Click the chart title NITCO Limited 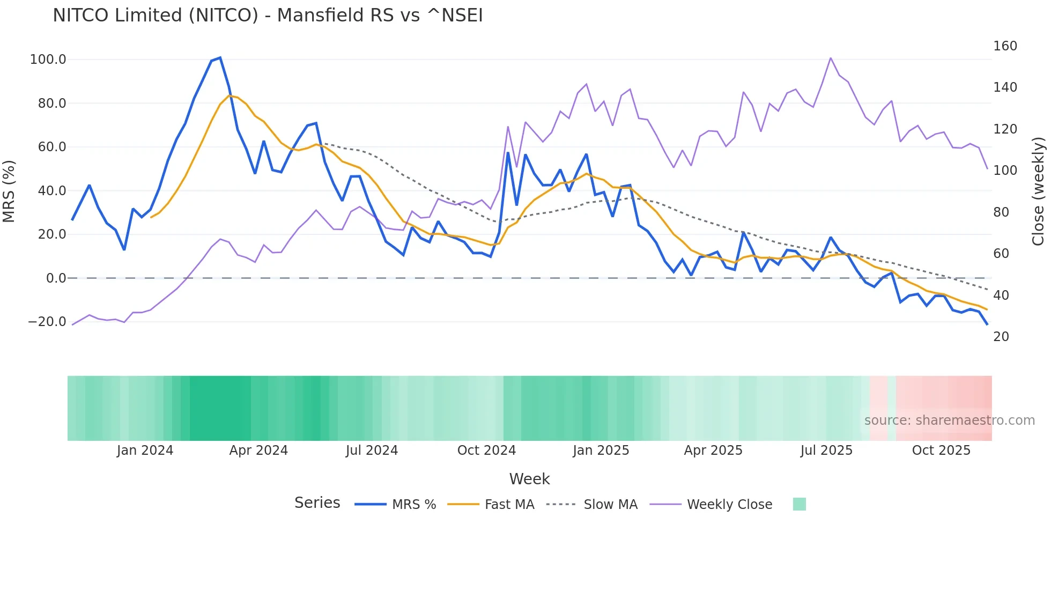268,16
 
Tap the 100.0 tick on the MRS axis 48,60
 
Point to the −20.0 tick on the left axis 47,322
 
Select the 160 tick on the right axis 1004,46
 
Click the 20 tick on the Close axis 1001,337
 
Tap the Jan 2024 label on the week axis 145,450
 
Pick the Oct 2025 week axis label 941,450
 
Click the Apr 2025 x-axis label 713,450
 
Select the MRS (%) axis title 9,191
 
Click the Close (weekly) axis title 1039,191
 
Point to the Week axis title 529,479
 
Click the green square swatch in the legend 799,504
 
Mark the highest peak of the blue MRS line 220,58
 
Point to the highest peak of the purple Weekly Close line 830,58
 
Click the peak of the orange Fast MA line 230,96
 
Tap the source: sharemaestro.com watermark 949,420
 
